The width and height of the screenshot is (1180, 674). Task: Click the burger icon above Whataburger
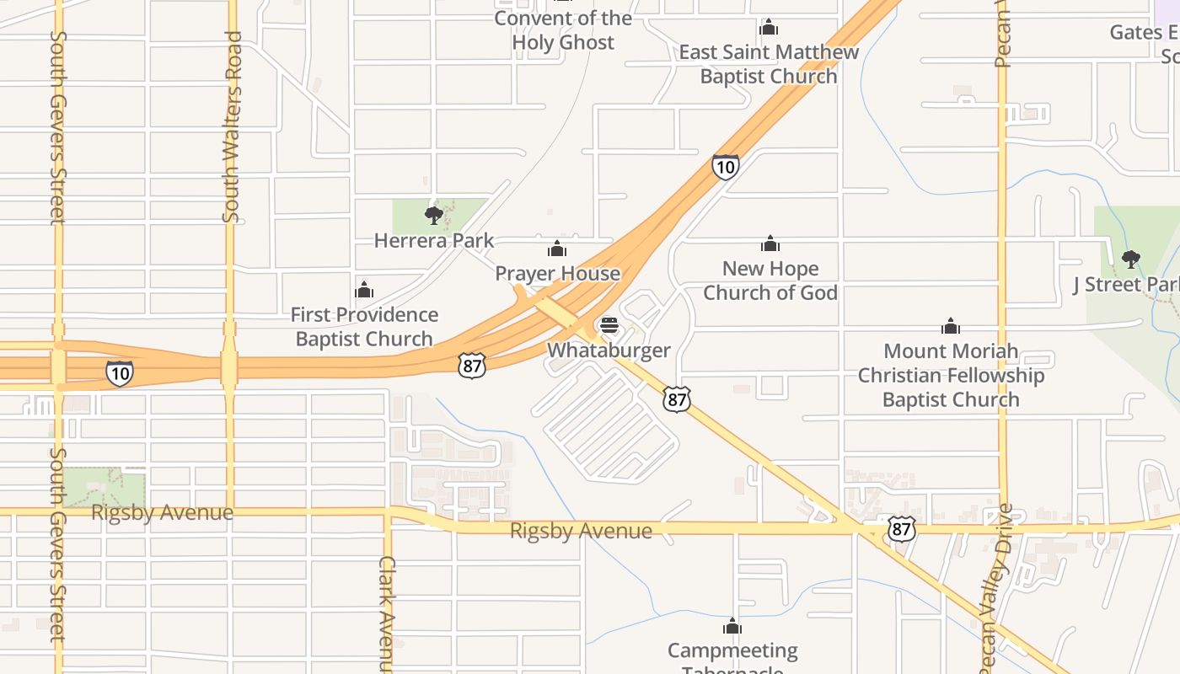(x=609, y=325)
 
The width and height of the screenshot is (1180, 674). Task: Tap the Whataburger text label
(x=609, y=350)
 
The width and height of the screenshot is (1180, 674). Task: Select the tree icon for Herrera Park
(x=434, y=216)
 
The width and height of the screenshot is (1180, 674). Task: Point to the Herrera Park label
(x=434, y=241)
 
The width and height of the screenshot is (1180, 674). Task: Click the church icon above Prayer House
(x=556, y=249)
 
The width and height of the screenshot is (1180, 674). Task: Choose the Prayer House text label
(x=557, y=274)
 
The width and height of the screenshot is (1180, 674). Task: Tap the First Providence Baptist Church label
(x=364, y=327)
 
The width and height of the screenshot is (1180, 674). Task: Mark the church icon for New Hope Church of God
(x=770, y=244)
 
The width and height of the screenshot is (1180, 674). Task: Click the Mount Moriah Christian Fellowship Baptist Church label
(x=951, y=375)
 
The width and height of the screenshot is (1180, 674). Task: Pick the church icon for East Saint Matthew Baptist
(x=768, y=28)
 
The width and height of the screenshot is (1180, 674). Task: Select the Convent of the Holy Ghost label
(x=563, y=30)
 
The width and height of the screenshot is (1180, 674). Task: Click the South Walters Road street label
(x=232, y=126)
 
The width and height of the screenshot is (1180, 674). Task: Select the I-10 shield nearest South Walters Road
(x=119, y=372)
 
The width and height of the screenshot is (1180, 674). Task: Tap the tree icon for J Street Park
(x=1131, y=259)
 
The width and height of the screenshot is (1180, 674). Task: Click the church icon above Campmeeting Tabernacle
(x=732, y=626)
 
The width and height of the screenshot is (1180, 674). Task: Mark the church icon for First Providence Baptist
(x=364, y=291)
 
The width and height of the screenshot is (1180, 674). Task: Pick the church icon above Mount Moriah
(x=951, y=326)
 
